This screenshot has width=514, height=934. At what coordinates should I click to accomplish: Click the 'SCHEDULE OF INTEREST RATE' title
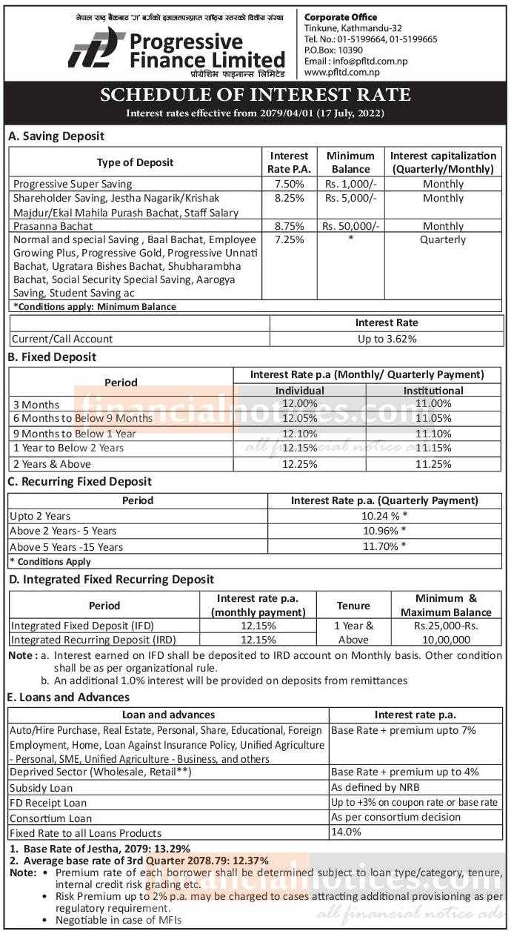point(256,95)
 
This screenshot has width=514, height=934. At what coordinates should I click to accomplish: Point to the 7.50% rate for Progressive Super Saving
point(288,184)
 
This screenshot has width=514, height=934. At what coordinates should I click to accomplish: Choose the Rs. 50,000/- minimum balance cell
point(350,226)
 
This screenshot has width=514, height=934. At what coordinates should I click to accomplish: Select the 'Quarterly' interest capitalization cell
point(443,239)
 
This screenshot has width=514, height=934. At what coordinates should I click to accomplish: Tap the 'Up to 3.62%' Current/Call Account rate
point(387,339)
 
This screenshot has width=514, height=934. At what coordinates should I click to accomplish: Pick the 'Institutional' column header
point(433,390)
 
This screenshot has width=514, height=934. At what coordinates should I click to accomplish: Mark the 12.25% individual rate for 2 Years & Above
point(301,464)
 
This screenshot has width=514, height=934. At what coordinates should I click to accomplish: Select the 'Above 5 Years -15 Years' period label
point(67,547)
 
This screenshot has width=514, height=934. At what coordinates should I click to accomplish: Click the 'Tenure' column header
point(353,606)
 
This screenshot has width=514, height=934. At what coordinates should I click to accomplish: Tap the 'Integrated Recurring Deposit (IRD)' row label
point(93,639)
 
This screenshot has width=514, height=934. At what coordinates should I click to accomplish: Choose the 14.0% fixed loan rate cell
point(346,832)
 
